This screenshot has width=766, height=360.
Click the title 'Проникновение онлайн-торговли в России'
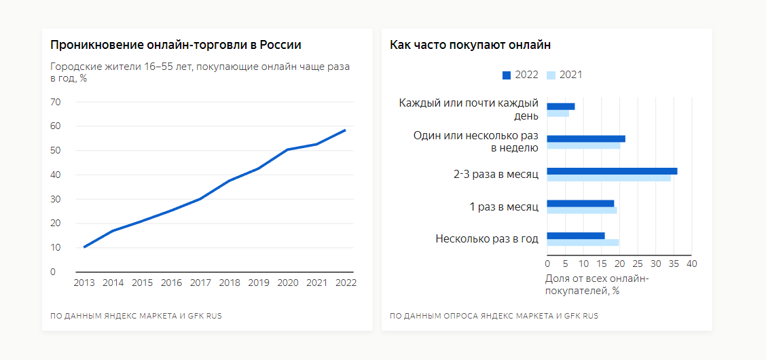(x=176, y=45)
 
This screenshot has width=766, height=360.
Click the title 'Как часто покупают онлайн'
(x=470, y=45)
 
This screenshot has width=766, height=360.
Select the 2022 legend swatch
(x=507, y=75)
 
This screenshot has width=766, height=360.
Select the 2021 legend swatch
(x=551, y=75)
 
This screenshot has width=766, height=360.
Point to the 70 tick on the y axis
(x=56, y=102)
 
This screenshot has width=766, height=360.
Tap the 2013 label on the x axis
(x=84, y=283)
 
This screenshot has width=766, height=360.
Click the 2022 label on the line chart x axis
(x=345, y=283)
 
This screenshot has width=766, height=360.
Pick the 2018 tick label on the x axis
(x=230, y=283)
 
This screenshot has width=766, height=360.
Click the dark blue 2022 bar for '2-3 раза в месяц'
(x=611, y=171)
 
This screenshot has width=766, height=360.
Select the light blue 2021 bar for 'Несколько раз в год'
(x=583, y=242)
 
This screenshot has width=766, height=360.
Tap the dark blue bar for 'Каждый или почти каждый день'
(x=561, y=107)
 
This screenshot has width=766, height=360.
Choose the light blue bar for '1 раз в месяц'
(x=582, y=211)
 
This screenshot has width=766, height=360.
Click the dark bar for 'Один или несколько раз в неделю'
(x=586, y=139)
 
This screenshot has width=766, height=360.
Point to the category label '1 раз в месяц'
(x=504, y=206)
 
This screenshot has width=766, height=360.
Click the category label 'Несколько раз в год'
(x=487, y=238)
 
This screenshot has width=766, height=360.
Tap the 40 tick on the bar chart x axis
(x=691, y=264)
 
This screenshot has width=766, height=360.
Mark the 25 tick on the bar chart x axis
(x=638, y=264)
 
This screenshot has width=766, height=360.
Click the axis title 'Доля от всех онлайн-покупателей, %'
(x=597, y=285)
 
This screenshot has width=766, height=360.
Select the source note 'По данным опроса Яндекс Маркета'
(x=494, y=316)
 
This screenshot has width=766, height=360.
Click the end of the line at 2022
(x=345, y=130)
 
